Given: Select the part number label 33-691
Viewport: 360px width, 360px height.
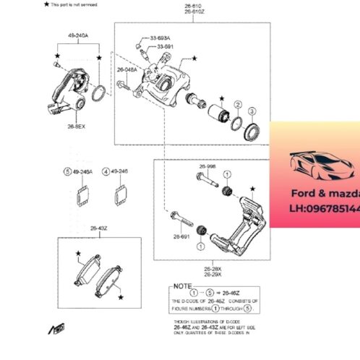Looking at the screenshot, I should point(166,46).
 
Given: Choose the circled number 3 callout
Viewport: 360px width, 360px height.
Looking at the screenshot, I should point(252,111).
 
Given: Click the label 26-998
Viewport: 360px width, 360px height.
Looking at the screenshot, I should point(207,166).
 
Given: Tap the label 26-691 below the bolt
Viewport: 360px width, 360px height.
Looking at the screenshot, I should point(181,236).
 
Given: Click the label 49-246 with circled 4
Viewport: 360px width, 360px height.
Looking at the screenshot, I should point(116,171).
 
